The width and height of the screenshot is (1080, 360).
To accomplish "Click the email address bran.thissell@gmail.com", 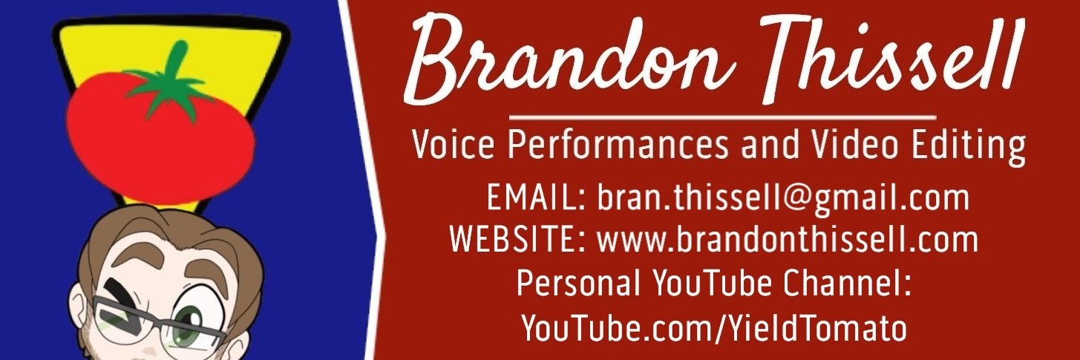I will coord(783,199).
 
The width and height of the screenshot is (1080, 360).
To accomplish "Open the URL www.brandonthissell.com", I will coord(788,240).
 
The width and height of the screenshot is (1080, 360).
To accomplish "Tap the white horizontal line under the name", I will coord(722,117).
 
